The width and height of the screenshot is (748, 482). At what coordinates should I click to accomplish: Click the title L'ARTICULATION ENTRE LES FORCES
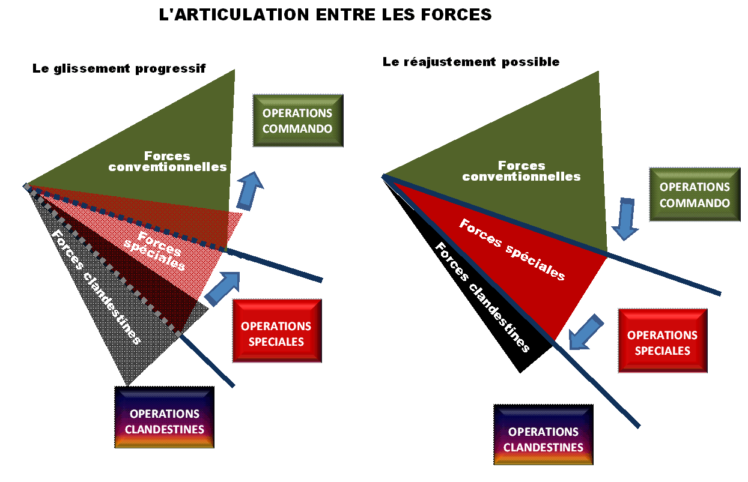[325, 15]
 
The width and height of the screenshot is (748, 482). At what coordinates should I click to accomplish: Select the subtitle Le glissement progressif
[119, 68]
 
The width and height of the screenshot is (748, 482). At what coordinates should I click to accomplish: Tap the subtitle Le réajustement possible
[471, 62]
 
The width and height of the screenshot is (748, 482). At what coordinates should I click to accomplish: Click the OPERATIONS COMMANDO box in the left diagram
[297, 121]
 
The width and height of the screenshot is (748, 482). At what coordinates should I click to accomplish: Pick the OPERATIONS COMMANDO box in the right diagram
[695, 194]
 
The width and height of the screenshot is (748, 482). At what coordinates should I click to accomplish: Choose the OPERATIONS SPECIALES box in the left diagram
[276, 334]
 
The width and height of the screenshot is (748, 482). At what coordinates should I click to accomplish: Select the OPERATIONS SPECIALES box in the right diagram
[662, 342]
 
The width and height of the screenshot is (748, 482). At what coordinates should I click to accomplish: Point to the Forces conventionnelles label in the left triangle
[168, 161]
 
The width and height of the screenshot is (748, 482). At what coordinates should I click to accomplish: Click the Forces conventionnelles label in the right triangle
[521, 171]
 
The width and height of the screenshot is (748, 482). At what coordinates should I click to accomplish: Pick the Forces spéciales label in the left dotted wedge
[154, 250]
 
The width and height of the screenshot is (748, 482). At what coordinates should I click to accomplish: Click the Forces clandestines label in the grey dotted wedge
[96, 288]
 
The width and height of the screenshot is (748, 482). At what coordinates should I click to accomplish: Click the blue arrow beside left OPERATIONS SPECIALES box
[222, 288]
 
